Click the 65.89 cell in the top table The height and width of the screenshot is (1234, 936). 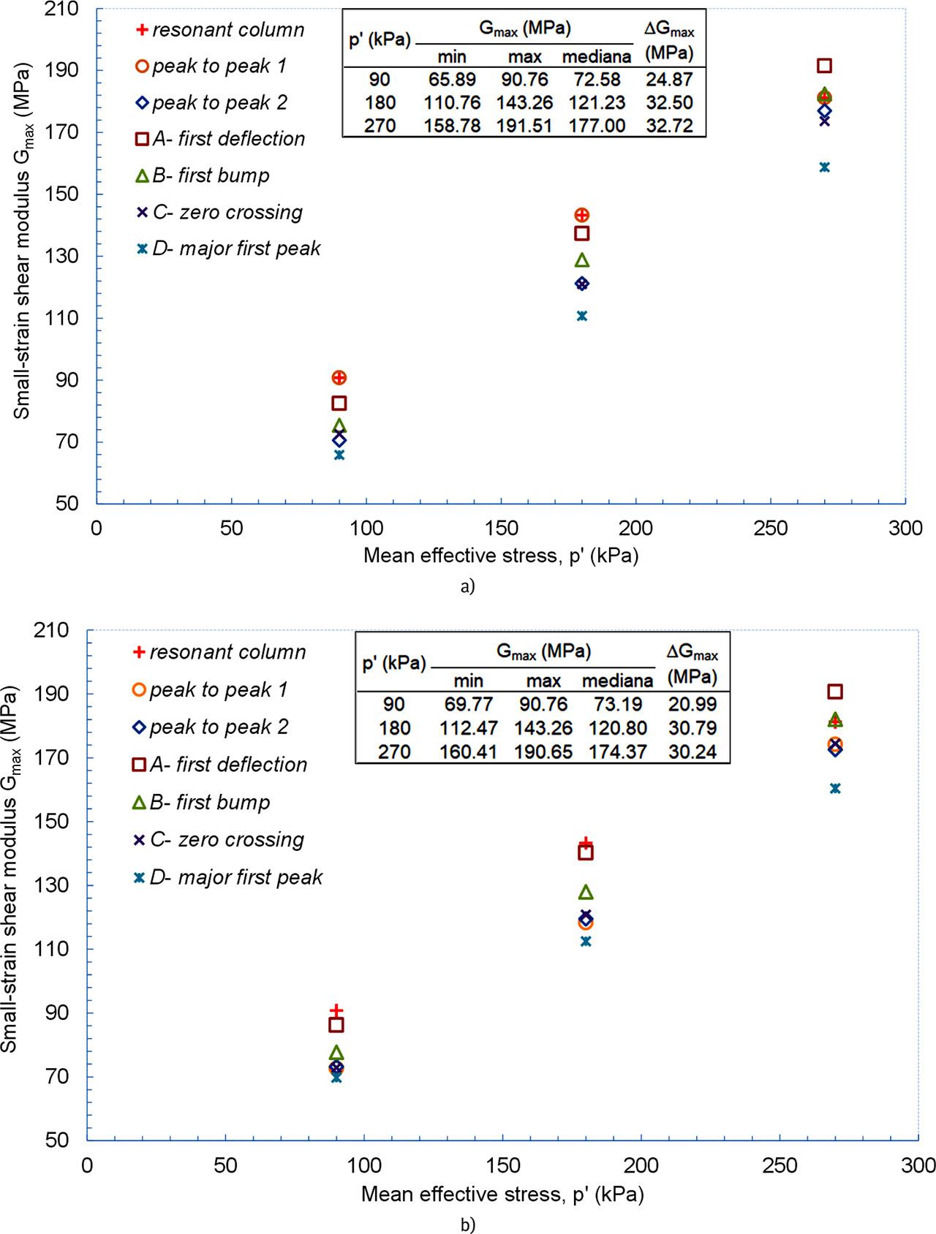click(453, 79)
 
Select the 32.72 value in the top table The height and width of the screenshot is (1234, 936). click(670, 125)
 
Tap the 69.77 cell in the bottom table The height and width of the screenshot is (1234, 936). click(469, 704)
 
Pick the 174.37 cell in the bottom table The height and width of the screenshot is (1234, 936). click(617, 751)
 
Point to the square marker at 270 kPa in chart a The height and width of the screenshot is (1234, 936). click(824, 66)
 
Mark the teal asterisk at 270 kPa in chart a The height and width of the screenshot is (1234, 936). click(824, 167)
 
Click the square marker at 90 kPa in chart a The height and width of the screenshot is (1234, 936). click(339, 403)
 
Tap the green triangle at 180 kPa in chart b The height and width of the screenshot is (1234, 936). click(586, 892)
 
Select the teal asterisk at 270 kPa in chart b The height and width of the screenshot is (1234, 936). click(835, 788)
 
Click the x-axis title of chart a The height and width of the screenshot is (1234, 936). click(501, 556)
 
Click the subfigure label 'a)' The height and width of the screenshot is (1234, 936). click(468, 586)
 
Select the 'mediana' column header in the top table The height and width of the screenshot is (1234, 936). click(598, 57)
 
